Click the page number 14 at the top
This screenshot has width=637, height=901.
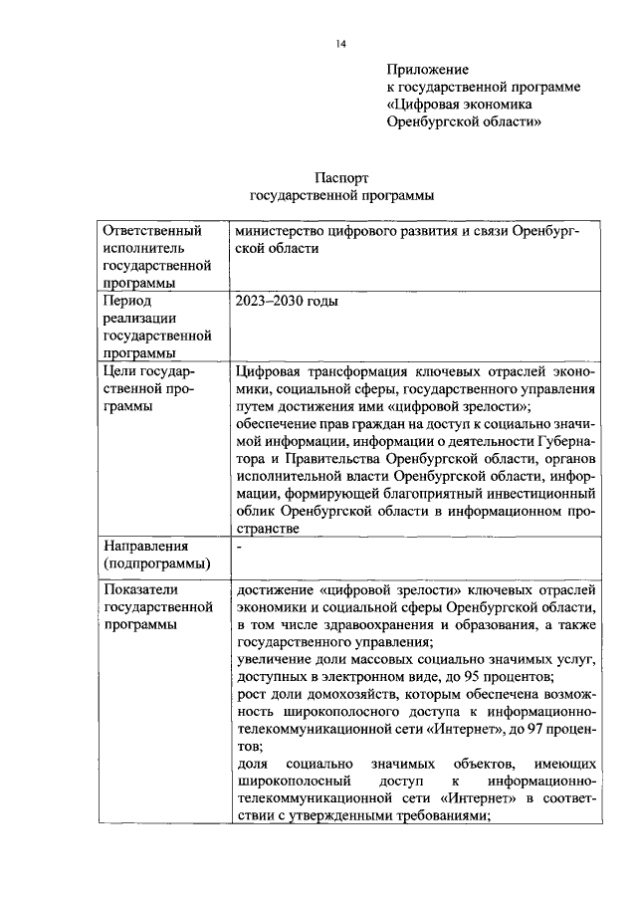coord(340,44)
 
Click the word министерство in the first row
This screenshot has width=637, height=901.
coord(283,231)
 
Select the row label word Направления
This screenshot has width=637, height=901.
coord(146,546)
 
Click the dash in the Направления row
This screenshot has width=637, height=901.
coord(239,546)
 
